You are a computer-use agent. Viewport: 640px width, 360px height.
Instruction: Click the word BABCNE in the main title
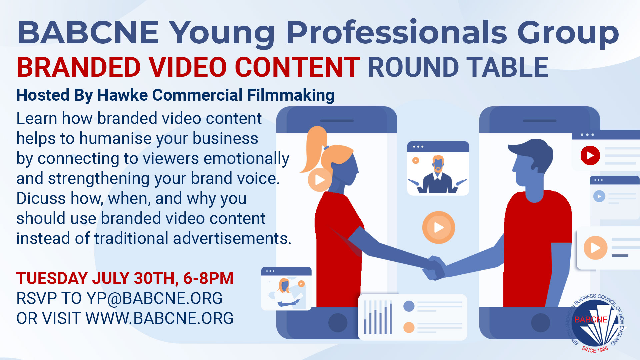coord(88,32)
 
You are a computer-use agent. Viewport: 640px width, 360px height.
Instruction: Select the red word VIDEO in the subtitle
coord(188,67)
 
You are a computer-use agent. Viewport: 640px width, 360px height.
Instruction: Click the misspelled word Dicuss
coord(41,198)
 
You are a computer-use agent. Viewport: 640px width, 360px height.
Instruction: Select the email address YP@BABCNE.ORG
coord(154,298)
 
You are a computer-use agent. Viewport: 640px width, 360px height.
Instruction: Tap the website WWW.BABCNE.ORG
coord(159,318)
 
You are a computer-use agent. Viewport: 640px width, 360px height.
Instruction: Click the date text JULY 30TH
coord(133,278)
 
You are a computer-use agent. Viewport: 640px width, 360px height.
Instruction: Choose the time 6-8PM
coord(208,278)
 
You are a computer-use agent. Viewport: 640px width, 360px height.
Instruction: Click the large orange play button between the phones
coord(438,227)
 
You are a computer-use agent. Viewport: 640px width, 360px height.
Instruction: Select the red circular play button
coord(590,155)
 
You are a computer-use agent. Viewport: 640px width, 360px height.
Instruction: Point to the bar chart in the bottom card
coord(378,317)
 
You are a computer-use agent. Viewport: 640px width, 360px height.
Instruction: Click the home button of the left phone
coord(338,323)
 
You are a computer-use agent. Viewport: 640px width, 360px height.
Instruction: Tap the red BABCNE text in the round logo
coord(591,320)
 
